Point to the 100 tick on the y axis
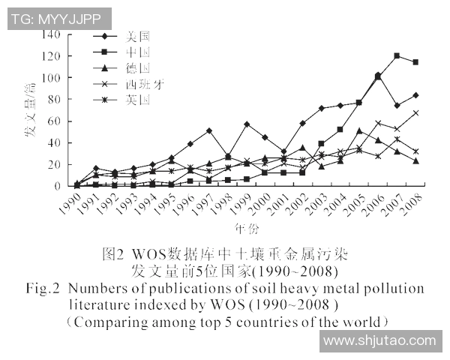(x=49, y=78)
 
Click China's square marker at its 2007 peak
(x=397, y=56)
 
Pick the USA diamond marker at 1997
(x=208, y=130)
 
